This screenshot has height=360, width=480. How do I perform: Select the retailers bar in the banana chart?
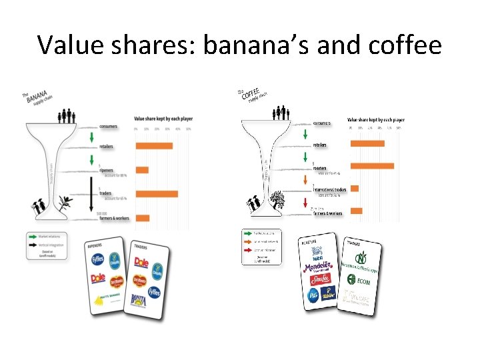coord(153,146)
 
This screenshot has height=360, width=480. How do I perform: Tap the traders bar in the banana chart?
coord(156,194)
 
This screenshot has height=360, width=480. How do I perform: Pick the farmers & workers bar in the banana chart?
coord(142,217)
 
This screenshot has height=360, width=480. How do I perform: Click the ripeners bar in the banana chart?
coord(141,169)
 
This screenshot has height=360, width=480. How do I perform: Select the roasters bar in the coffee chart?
coord(372,165)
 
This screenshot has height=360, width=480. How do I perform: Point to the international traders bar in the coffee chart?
coord(355,188)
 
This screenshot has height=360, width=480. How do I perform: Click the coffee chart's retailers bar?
coord(367,143)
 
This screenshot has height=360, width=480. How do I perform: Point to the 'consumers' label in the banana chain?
coord(108,126)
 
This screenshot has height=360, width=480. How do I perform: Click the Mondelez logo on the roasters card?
coord(317,267)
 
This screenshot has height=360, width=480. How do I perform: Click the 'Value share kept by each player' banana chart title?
coord(163,119)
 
